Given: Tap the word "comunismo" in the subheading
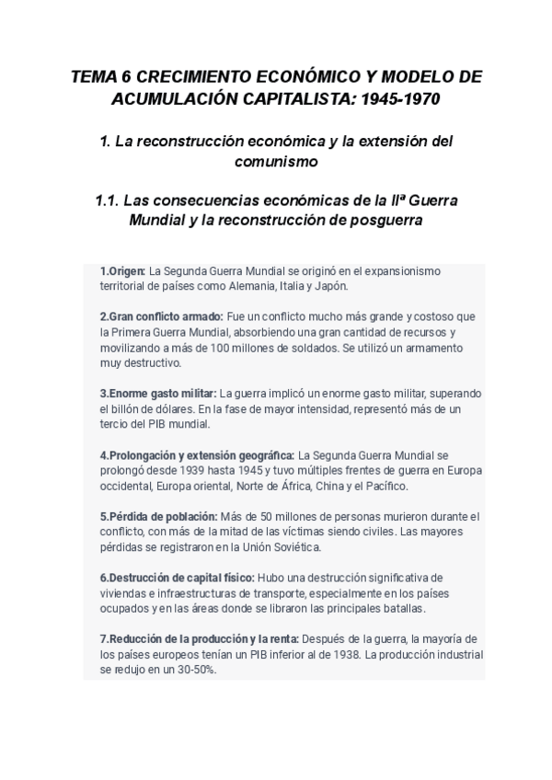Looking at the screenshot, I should tap(276, 162).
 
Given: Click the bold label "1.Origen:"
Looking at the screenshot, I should tap(123, 271).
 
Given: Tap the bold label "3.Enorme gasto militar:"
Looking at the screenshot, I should tap(158, 394).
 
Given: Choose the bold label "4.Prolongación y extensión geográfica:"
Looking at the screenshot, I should tap(197, 454).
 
